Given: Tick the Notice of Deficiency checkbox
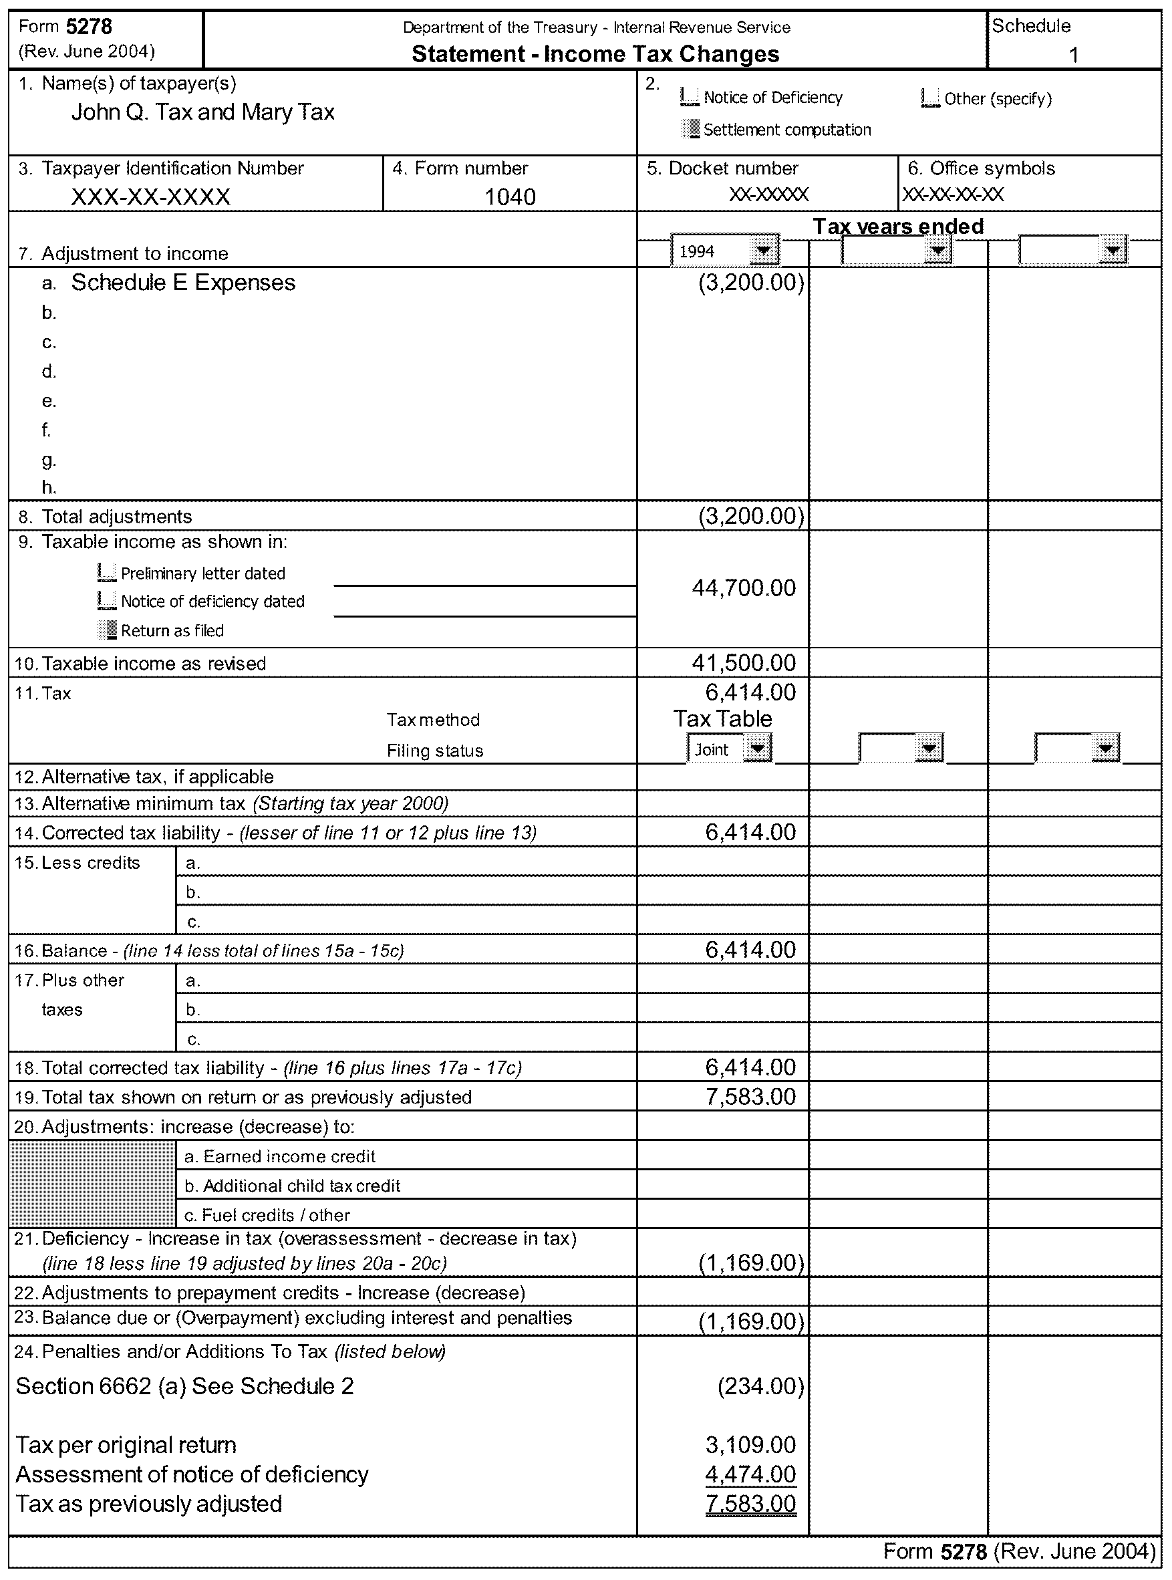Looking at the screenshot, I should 689,96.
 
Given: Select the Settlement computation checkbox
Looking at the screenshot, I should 690,129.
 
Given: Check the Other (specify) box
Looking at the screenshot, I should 929,98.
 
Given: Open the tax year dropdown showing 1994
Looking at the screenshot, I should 762,251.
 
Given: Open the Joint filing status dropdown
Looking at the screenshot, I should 758,749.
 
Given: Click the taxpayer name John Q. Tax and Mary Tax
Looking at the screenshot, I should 202,112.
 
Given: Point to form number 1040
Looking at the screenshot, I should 509,196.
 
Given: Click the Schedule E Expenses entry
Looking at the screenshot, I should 183,282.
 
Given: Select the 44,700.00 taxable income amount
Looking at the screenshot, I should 744,587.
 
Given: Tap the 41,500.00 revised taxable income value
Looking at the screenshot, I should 744,662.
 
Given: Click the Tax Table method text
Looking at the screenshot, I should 722,718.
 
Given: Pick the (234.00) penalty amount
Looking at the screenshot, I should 760,1386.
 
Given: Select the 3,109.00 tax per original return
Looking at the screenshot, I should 750,1444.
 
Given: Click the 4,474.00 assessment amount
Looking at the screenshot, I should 750,1474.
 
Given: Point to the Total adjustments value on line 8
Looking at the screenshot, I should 750,516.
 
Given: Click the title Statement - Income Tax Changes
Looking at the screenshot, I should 595,54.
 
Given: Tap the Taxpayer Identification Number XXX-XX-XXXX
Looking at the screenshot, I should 150,196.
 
